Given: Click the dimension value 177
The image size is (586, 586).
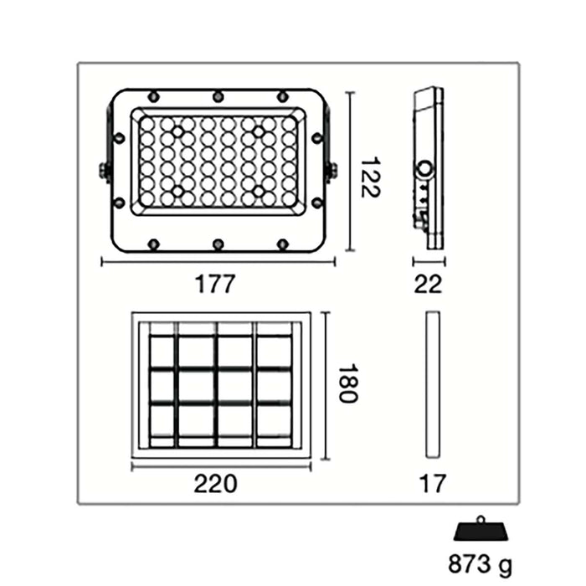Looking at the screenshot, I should click(216, 284).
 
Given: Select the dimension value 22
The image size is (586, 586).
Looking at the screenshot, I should click(428, 284).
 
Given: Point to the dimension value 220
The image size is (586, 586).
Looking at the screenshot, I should click(215, 483).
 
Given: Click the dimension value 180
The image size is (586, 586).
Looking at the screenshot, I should click(347, 383).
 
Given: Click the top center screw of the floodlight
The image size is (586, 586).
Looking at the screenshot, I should click(218, 95).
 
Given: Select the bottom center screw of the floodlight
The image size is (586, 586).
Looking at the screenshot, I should click(218, 244).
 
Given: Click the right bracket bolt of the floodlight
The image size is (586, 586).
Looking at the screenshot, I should click(331, 171).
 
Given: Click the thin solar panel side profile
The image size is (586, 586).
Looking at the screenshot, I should click(432, 384).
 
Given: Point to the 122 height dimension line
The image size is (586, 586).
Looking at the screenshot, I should click(349, 171).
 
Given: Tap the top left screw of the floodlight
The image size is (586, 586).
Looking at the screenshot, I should click(153, 95).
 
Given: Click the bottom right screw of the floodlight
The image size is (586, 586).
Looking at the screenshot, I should click(283, 244).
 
